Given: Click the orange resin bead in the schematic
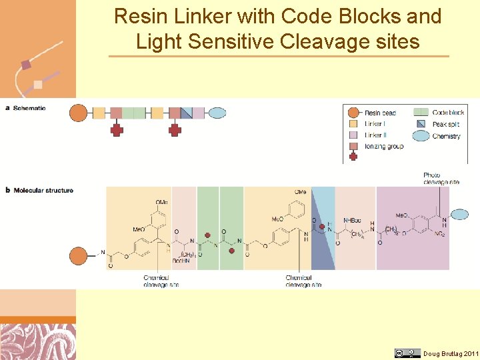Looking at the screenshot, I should (x=79, y=113).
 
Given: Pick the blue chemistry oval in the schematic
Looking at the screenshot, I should (x=218, y=113).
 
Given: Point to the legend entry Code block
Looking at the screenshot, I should (x=447, y=113).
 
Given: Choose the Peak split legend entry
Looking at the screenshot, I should (x=445, y=124).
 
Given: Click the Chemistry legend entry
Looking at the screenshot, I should (x=446, y=136).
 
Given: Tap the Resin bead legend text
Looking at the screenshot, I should (x=380, y=113).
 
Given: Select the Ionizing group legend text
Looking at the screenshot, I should (x=383, y=147).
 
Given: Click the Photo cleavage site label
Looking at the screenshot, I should (x=441, y=179).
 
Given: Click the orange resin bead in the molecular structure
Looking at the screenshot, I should (x=79, y=256).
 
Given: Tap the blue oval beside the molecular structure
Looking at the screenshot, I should (x=460, y=214).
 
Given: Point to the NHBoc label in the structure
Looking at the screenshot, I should (x=353, y=221).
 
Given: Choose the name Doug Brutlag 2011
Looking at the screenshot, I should (x=451, y=354).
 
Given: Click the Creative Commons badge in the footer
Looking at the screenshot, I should (x=407, y=353).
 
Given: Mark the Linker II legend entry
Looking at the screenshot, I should (x=375, y=135).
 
